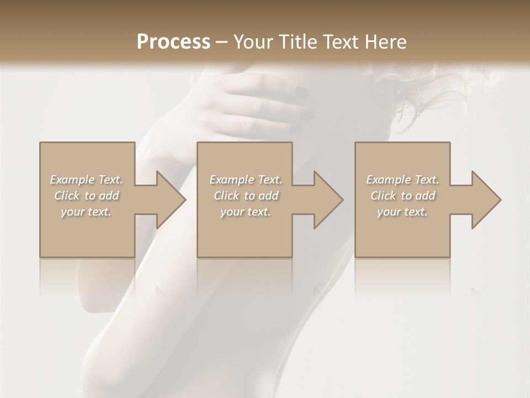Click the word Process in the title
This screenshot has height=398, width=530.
[173, 42]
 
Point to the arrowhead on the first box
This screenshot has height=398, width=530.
[169, 200]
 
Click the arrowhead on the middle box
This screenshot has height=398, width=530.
[326, 200]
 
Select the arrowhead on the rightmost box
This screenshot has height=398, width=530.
[484, 200]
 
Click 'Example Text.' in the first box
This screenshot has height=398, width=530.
[87, 180]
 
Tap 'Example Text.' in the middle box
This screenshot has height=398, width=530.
[246, 180]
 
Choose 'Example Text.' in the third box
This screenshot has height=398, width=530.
[402, 180]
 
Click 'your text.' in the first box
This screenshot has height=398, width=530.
[87, 212]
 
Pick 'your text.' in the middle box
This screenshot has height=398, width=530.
[246, 212]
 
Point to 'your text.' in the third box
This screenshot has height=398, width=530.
[402, 212]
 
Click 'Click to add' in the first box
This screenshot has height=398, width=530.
[87, 196]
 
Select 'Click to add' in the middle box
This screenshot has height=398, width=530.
[246, 196]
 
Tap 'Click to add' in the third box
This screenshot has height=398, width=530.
[402, 196]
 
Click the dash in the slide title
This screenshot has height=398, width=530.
[222, 42]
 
